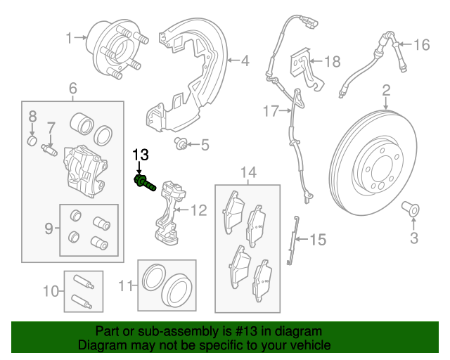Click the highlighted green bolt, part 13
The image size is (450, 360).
coord(143,185)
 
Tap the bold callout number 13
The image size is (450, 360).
coord(141,155)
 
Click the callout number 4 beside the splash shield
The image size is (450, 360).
coord(245,61)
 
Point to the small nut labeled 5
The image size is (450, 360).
coord(205,146)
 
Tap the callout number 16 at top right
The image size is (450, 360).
coord(420,45)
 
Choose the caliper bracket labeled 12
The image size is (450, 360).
coord(166,211)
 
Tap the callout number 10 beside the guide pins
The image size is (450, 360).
coord(50,290)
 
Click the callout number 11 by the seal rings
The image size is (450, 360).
coord(125,285)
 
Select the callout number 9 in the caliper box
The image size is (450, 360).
coord(49,228)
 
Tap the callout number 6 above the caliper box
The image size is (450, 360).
coord(72,89)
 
